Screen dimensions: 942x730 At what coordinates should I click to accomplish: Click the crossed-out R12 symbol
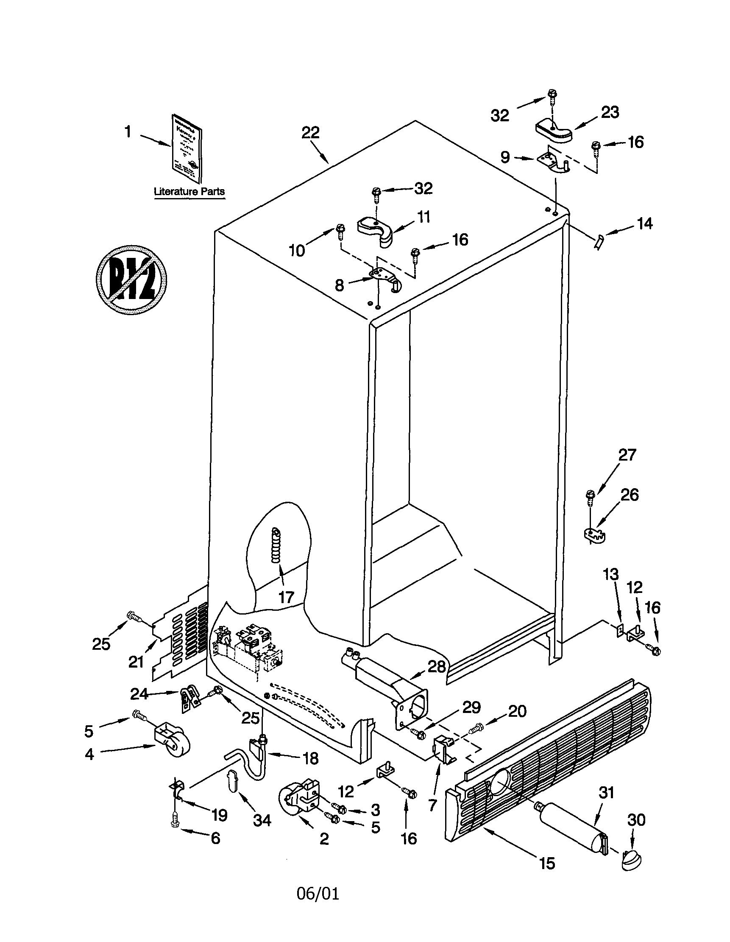tap(131, 280)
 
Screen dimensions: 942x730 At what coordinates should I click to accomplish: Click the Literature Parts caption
tap(189, 192)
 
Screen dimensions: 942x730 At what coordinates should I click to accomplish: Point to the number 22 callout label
tap(310, 132)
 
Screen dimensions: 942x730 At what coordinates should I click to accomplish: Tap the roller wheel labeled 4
tap(173, 744)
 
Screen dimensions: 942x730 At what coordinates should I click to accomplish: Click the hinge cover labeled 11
tap(376, 230)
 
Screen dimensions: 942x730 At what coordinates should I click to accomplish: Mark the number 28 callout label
tap(436, 666)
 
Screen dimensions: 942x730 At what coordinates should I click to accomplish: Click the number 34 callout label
tap(262, 820)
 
